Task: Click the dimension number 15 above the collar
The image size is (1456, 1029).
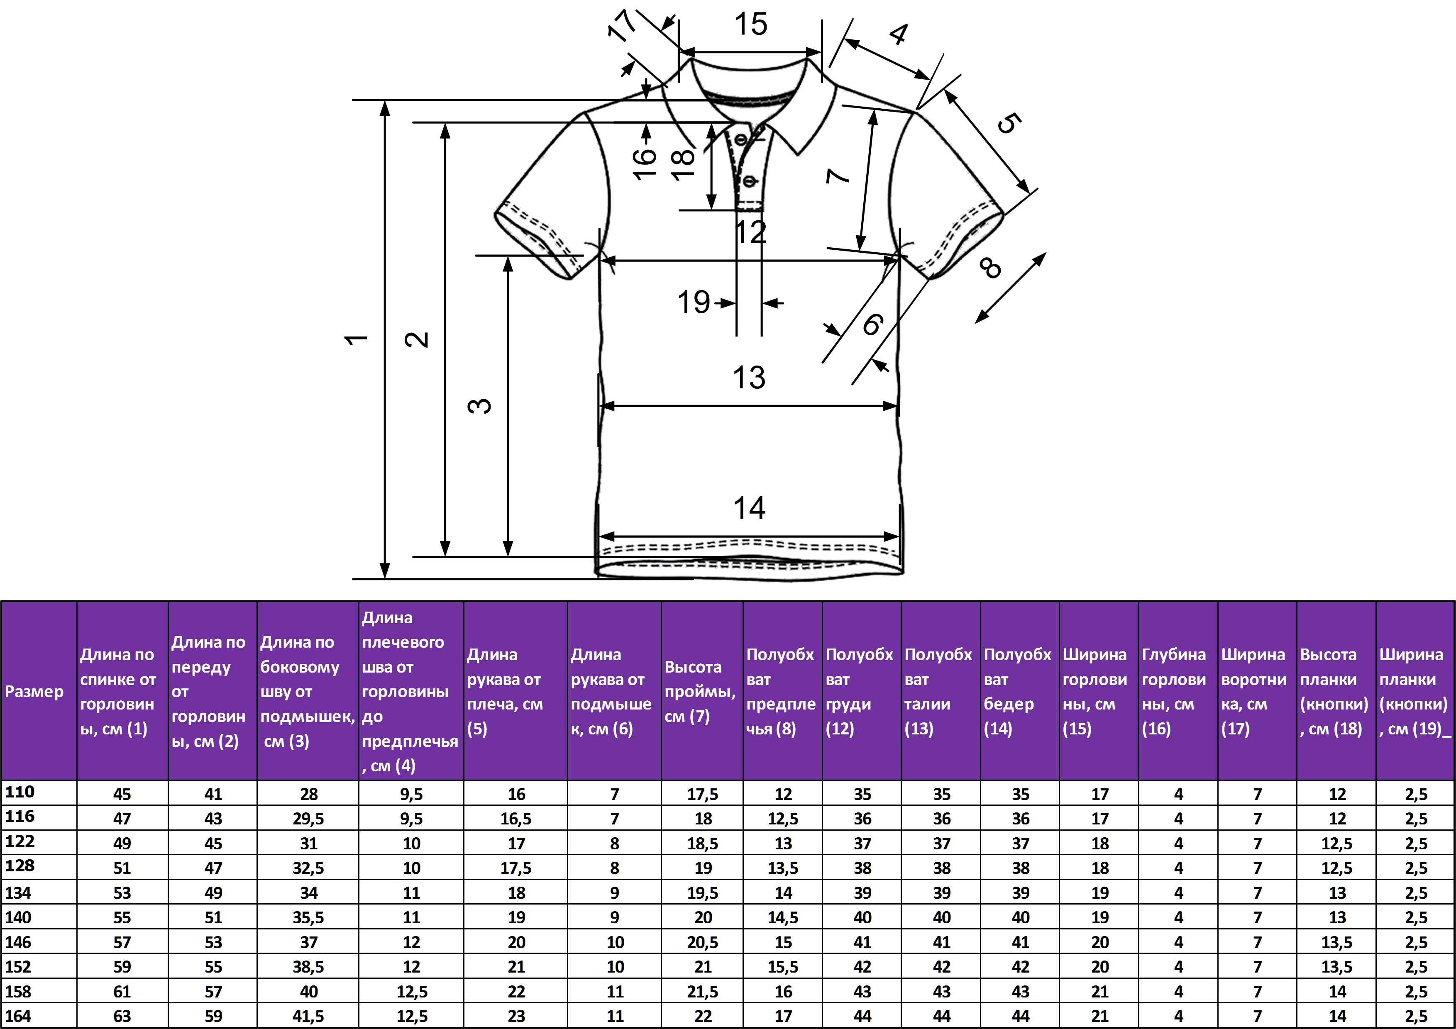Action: click(751, 24)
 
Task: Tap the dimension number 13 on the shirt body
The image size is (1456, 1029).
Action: click(749, 378)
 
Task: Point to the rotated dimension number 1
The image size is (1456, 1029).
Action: click(357, 339)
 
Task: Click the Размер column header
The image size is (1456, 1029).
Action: click(34, 691)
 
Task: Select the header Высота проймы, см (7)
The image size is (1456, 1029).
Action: click(700, 691)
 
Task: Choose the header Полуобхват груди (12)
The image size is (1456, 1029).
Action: click(859, 691)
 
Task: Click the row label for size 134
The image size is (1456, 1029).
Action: click(18, 892)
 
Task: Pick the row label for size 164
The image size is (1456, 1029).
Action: click(18, 1016)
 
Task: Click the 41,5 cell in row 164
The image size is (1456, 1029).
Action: click(308, 1016)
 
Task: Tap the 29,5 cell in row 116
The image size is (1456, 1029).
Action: click(308, 819)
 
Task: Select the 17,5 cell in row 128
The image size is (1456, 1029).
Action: click(515, 868)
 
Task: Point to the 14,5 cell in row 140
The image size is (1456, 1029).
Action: click(783, 917)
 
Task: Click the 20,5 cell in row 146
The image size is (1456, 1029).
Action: click(703, 942)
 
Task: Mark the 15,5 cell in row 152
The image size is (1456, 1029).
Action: click(783, 967)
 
